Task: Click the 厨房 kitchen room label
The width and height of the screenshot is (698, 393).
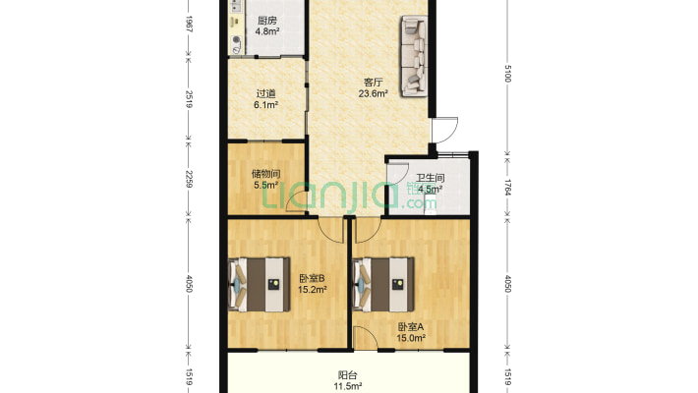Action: pyautogui.click(x=267, y=21)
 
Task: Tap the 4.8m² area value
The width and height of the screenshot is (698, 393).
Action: pyautogui.click(x=267, y=31)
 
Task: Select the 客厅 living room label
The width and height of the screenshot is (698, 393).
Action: pyautogui.click(x=373, y=83)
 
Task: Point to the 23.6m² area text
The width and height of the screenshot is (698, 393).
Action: pyautogui.click(x=373, y=93)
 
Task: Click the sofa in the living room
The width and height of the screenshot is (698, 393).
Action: pyautogui.click(x=415, y=56)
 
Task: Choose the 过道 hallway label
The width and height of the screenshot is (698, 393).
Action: pyautogui.click(x=265, y=94)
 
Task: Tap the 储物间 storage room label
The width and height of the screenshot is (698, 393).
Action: pyautogui.click(x=265, y=174)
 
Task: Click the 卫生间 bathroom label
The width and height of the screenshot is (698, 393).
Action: pyautogui.click(x=430, y=178)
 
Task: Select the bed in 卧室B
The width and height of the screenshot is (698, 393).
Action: pyautogui.click(x=260, y=284)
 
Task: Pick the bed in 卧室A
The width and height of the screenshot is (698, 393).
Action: pyautogui.click(x=382, y=284)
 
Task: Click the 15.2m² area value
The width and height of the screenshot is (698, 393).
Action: pyautogui.click(x=312, y=290)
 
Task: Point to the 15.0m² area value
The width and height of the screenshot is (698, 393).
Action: pyautogui.click(x=411, y=338)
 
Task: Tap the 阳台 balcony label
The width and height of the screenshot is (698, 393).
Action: pyautogui.click(x=347, y=375)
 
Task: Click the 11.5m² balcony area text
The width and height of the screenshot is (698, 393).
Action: pyautogui.click(x=348, y=386)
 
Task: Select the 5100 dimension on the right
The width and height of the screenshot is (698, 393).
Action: pyautogui.click(x=508, y=74)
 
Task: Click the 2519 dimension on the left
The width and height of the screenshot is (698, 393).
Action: pyautogui.click(x=189, y=99)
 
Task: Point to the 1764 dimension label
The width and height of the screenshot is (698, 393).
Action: pyautogui.click(x=508, y=188)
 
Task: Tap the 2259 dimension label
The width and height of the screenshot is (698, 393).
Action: pyautogui.click(x=189, y=179)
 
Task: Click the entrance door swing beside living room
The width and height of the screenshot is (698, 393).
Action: pyautogui.click(x=446, y=130)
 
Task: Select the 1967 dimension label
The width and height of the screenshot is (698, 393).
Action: pyautogui.click(x=189, y=24)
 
